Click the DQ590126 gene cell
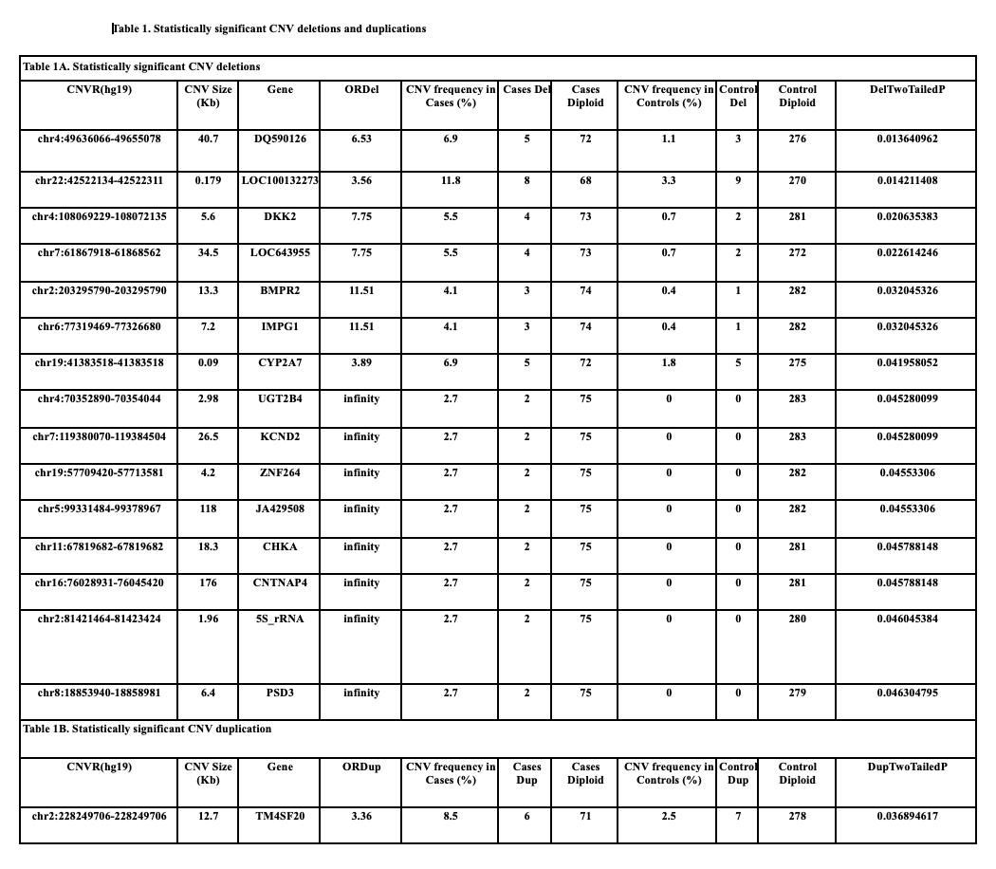point(280,139)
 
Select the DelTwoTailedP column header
point(908,89)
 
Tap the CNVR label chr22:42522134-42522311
point(100,180)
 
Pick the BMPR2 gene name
point(280,290)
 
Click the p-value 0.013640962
point(908,139)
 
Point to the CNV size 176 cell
point(208,582)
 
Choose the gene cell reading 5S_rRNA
point(280,619)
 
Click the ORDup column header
point(361,767)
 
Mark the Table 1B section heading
point(147,729)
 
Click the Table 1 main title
point(270,28)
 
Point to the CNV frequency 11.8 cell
point(451,180)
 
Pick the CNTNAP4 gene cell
point(280,582)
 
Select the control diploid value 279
point(797,693)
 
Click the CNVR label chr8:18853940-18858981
point(100,693)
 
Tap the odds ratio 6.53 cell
point(361,139)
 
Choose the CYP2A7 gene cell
point(280,362)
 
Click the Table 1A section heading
point(141,66)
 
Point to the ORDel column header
point(361,89)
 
